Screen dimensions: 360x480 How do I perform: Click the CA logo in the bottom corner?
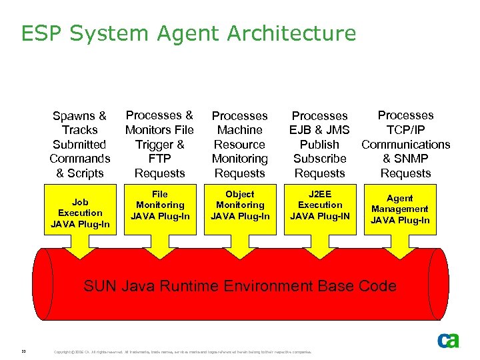(x=448, y=341)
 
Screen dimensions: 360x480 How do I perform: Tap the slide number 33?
(x=23, y=351)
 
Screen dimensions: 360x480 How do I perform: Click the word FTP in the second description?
(x=159, y=159)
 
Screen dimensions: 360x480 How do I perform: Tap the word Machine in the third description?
(x=240, y=130)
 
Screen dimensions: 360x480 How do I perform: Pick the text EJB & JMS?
(x=319, y=130)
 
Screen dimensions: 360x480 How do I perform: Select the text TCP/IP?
(x=405, y=130)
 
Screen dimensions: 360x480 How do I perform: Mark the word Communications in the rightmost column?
(x=405, y=144)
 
